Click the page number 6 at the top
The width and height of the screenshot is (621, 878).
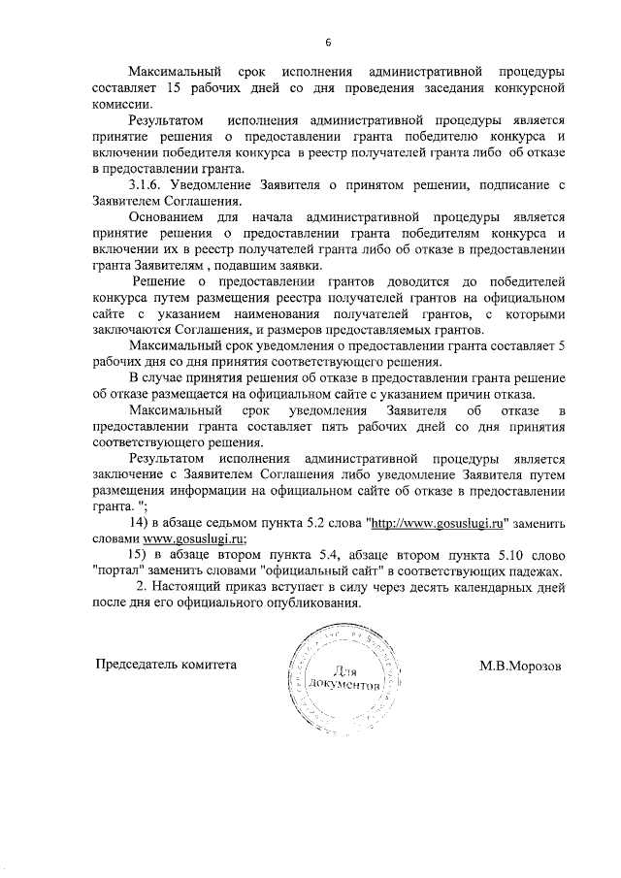[328, 42]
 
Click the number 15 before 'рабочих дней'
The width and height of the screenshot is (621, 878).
[175, 88]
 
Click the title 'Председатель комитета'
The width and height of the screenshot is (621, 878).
[165, 666]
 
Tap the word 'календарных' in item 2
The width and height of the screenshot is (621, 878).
[466, 587]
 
